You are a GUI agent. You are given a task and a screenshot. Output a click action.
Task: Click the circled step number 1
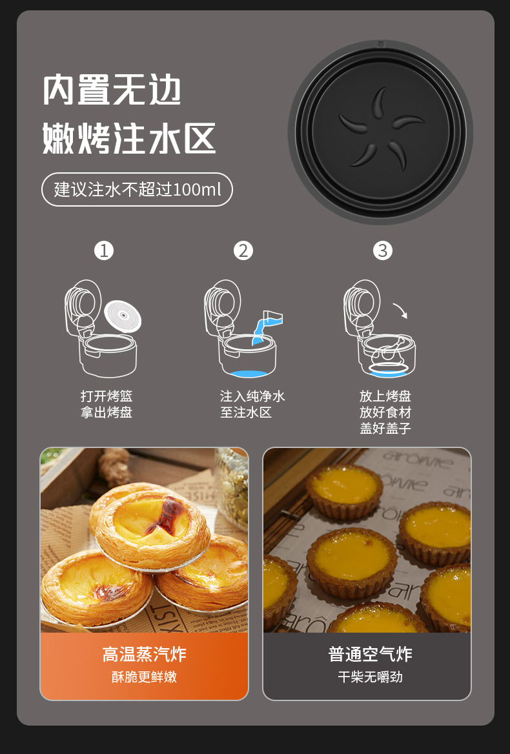click(x=104, y=250)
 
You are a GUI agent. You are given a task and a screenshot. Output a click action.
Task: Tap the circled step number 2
click(x=243, y=250)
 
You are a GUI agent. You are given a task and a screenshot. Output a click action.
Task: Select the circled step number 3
click(x=383, y=250)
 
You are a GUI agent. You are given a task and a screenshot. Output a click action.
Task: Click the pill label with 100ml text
click(x=137, y=190)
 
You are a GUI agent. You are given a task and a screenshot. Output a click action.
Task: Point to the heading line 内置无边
click(x=112, y=90)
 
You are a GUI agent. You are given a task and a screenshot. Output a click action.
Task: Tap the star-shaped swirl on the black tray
click(x=381, y=128)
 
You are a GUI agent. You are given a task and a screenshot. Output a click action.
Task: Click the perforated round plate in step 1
click(x=123, y=317)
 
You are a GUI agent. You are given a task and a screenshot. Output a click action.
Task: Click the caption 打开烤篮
click(x=107, y=396)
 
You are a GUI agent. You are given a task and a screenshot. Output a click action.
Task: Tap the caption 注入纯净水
click(x=252, y=396)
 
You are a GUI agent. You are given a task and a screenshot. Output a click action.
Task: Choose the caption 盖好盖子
click(x=385, y=428)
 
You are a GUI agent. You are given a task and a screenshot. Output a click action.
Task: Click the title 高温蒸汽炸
click(x=144, y=654)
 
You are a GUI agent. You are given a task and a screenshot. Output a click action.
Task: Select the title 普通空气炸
click(x=370, y=654)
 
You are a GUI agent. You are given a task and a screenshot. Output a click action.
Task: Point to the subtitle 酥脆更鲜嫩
click(x=144, y=677)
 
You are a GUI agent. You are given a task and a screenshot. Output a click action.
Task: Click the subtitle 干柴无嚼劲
click(x=370, y=677)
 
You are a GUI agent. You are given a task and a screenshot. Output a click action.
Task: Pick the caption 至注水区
click(x=246, y=413)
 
